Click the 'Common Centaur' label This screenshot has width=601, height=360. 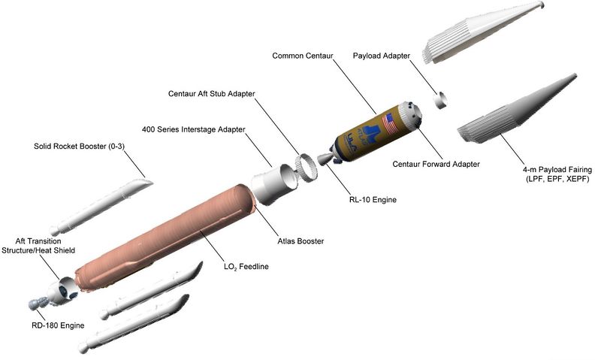(x=304, y=56)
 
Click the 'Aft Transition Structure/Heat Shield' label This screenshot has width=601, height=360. (x=38, y=246)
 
